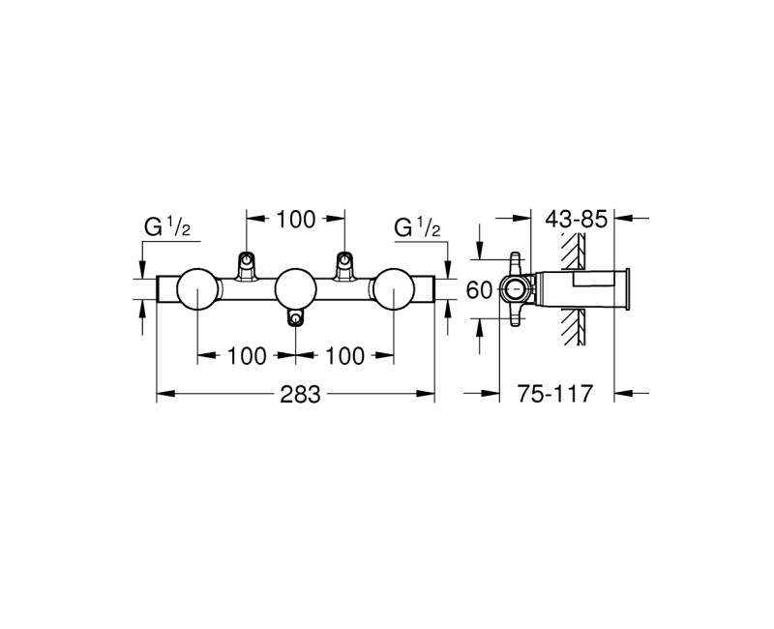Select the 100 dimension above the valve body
[295, 220]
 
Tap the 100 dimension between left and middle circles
[247, 355]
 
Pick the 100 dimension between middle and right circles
[345, 355]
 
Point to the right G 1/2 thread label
[417, 228]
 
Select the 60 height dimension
[480, 289]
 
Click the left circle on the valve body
[197, 288]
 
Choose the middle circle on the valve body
[295, 288]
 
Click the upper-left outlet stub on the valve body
[247, 262]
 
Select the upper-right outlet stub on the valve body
[343, 262]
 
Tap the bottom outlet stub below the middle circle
[295, 316]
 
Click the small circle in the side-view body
[514, 288]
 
